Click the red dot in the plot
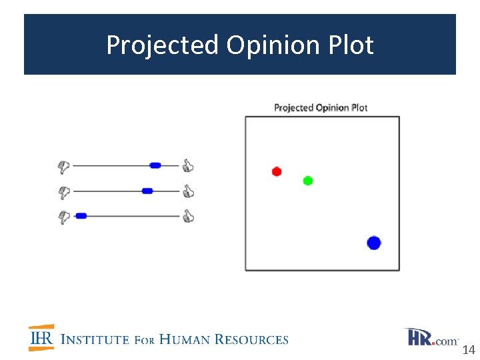[x=277, y=171]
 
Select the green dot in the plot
[x=307, y=180]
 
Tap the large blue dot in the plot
[x=373, y=243]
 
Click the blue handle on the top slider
[x=155, y=165]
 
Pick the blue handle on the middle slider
[x=147, y=191]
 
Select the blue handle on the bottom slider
[x=81, y=215]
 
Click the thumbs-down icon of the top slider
[x=64, y=166]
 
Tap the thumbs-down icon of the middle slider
[x=64, y=192]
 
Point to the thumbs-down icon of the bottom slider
[x=64, y=217]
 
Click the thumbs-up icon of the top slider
[x=188, y=165]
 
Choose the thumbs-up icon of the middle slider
[x=188, y=191]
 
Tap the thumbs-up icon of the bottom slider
[x=188, y=215]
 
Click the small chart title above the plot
[x=321, y=107]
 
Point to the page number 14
[x=468, y=350]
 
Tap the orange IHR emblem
[x=41, y=338]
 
